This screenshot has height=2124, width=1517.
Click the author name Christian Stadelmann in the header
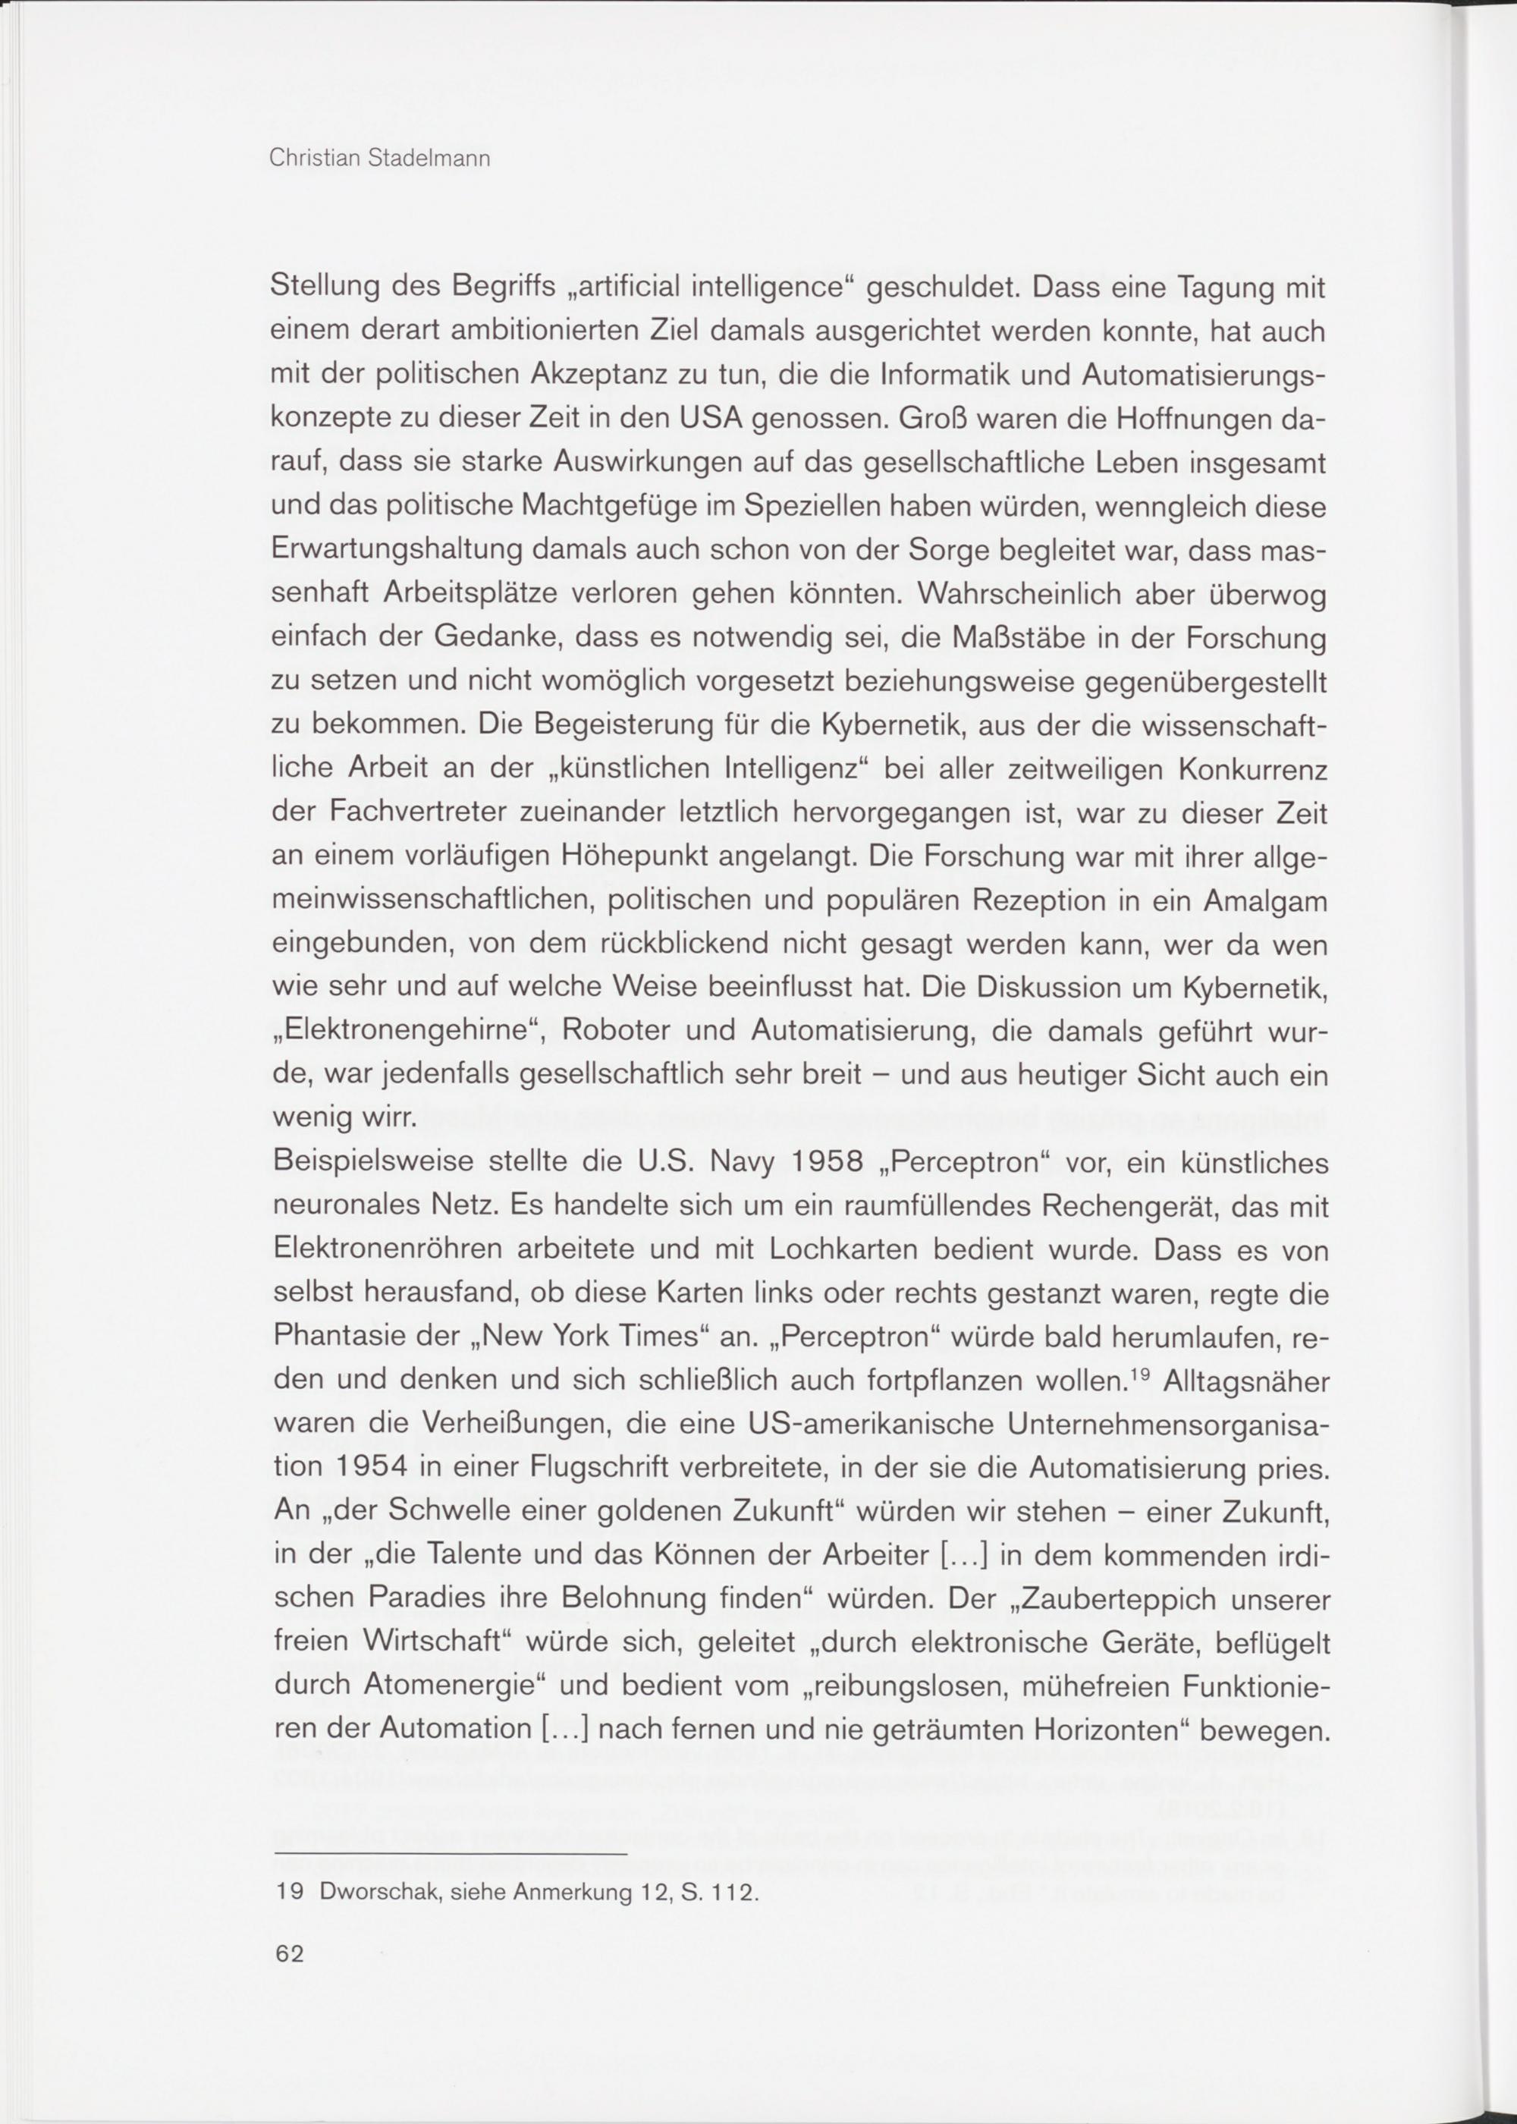[379, 159]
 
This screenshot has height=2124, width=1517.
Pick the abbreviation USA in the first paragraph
[705, 419]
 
